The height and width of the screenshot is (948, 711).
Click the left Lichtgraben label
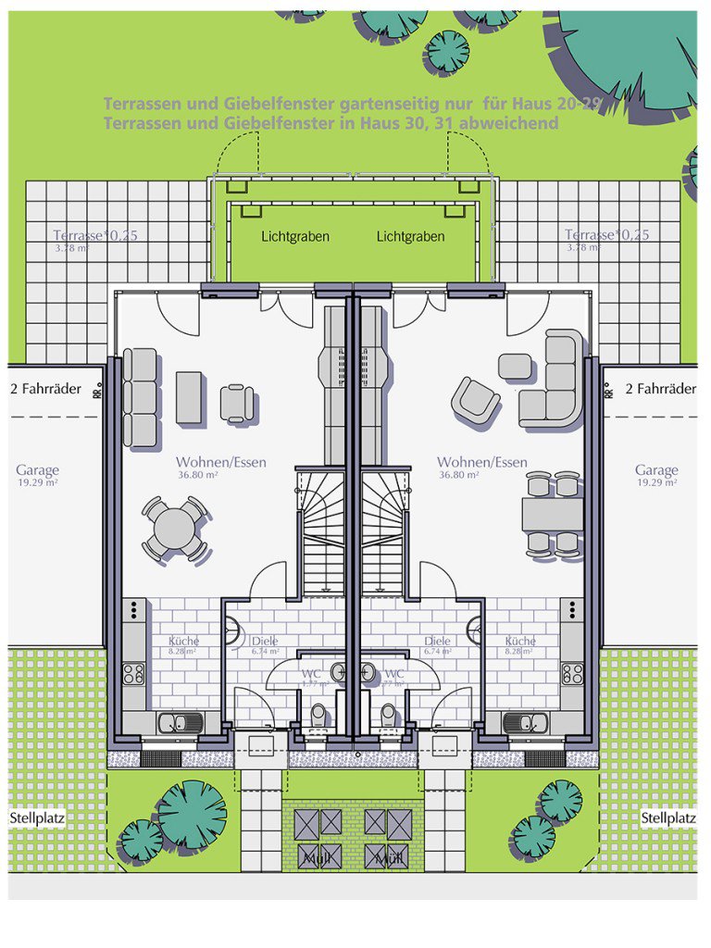click(295, 236)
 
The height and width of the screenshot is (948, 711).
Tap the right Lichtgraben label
click(410, 236)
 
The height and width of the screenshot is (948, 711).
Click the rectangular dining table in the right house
click(552, 515)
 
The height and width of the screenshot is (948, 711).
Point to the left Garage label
click(37, 470)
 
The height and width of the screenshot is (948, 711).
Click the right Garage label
click(656, 470)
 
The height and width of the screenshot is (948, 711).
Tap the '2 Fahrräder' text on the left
click(45, 389)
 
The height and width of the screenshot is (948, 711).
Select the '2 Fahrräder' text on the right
click(660, 389)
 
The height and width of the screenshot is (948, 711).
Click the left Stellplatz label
click(37, 818)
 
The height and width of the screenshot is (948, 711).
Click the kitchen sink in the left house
click(181, 722)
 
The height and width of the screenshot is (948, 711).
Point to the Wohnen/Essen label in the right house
click(482, 462)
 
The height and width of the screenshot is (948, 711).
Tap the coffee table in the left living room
click(189, 398)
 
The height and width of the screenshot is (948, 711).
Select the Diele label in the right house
click(437, 641)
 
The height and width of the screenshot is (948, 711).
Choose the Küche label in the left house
click(183, 641)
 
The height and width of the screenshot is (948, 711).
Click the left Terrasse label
click(95, 235)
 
